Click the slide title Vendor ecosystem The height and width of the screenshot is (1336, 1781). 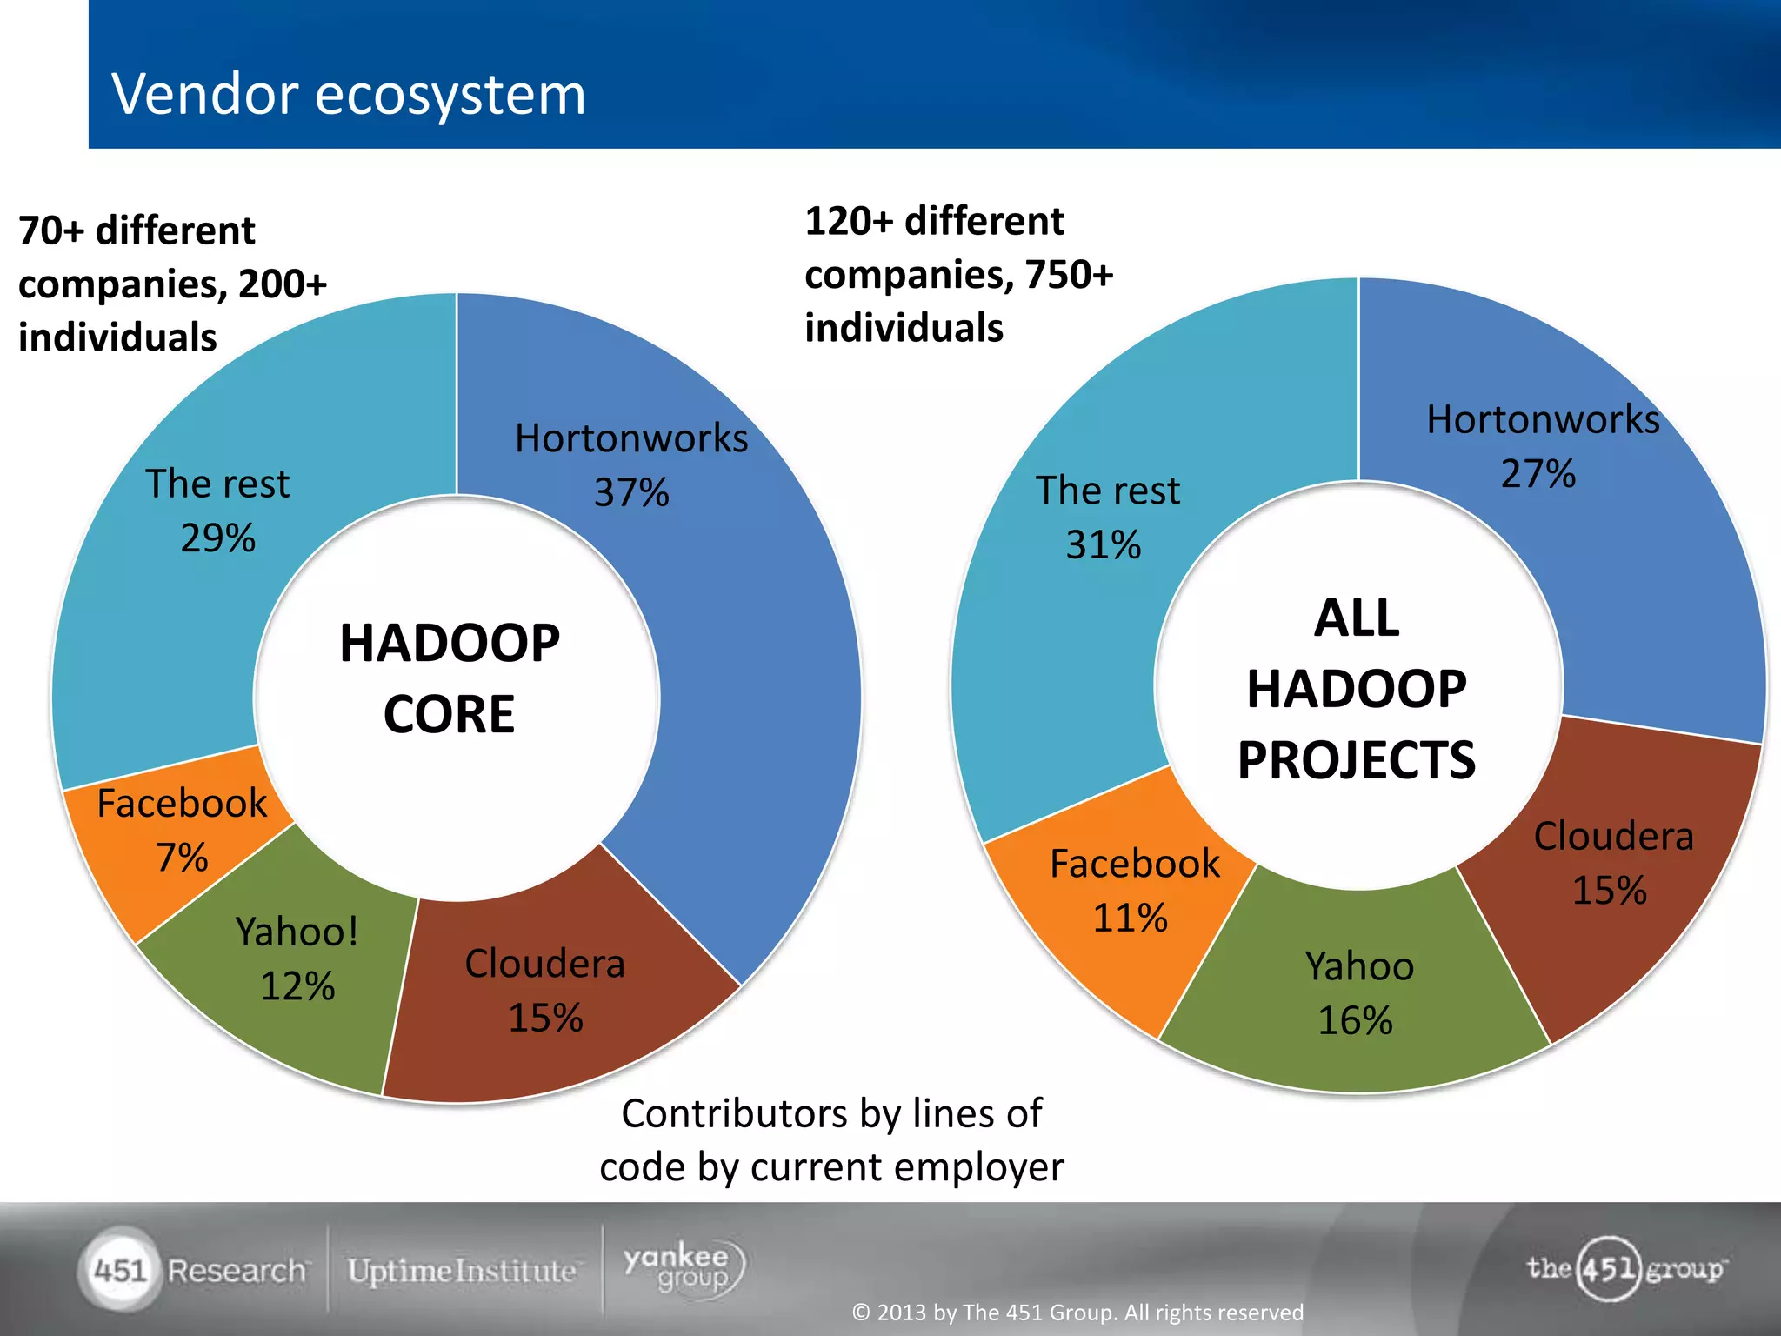tap(349, 94)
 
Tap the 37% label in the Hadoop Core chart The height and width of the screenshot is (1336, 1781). tap(631, 493)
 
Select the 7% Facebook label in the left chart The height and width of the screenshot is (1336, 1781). tap(182, 858)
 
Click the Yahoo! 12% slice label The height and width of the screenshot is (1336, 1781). tap(297, 959)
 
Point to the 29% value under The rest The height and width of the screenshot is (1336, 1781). tap(217, 538)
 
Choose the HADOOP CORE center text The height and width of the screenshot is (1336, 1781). tap(450, 678)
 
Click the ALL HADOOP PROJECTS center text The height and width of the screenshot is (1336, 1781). tap(1357, 689)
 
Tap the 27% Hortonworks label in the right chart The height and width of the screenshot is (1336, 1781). tap(1538, 474)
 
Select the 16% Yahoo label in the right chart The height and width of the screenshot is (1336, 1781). tap(1355, 1020)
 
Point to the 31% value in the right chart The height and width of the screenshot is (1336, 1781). tap(1103, 545)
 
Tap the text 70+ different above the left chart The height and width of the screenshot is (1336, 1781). tap(137, 231)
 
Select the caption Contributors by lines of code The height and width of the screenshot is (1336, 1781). tap(831, 1139)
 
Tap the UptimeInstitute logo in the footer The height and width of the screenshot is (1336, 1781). tap(462, 1271)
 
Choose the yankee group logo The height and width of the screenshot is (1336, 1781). tap(684, 1268)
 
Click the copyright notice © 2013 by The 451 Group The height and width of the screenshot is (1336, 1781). tap(1077, 1312)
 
